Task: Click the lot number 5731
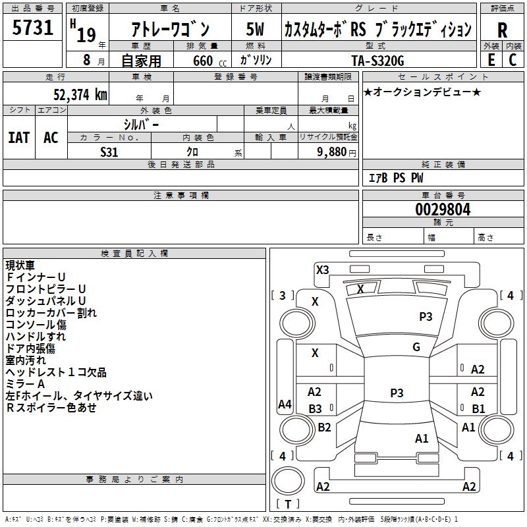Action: [x=32, y=28]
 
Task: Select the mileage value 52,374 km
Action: [x=80, y=95]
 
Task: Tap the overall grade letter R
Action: [x=502, y=30]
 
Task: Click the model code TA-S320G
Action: [x=377, y=61]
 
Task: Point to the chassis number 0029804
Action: [x=443, y=209]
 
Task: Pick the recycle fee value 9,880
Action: [x=331, y=152]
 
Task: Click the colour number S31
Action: [x=109, y=152]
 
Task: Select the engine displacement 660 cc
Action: [x=209, y=61]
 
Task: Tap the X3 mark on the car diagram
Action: [x=323, y=270]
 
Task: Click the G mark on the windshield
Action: [x=416, y=347]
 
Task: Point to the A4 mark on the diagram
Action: [x=285, y=404]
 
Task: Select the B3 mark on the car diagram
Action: [x=316, y=408]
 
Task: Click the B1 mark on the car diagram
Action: [x=478, y=408]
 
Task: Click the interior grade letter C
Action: [x=513, y=60]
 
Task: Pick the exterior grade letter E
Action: [x=491, y=60]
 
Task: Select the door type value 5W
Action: [x=255, y=29]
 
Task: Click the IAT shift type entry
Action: [x=19, y=138]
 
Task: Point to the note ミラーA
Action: [x=25, y=384]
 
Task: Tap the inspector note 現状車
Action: [x=20, y=265]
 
